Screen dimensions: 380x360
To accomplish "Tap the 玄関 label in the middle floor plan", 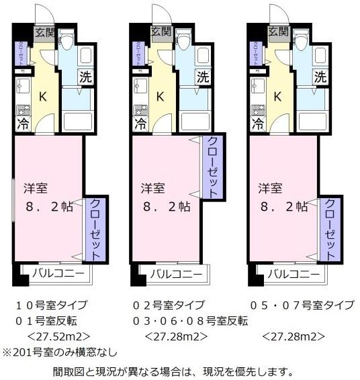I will point(161,32).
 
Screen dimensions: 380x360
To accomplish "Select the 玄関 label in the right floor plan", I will point(277,32).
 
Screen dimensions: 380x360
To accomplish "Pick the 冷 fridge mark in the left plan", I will point(21,124).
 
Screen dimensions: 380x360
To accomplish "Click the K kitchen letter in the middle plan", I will point(161,96).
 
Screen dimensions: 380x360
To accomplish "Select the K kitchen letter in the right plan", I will point(277,96).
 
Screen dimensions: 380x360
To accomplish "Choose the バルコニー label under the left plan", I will point(57,274).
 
